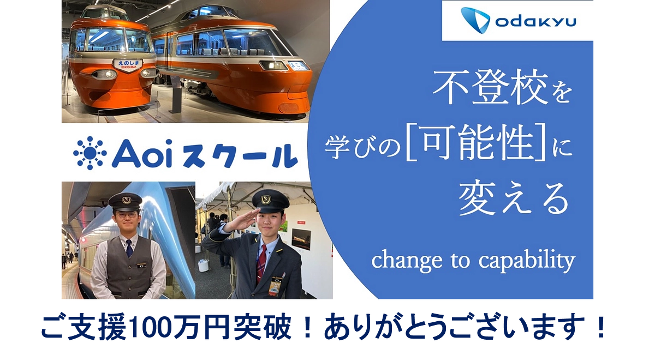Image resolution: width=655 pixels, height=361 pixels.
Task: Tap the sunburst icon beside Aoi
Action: (90, 153)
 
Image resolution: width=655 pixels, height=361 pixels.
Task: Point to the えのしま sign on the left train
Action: (128, 64)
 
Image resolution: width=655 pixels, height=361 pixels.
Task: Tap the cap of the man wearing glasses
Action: (125, 201)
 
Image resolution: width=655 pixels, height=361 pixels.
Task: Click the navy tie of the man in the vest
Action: (129, 249)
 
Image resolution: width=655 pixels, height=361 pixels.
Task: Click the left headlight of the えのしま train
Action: (104, 74)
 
